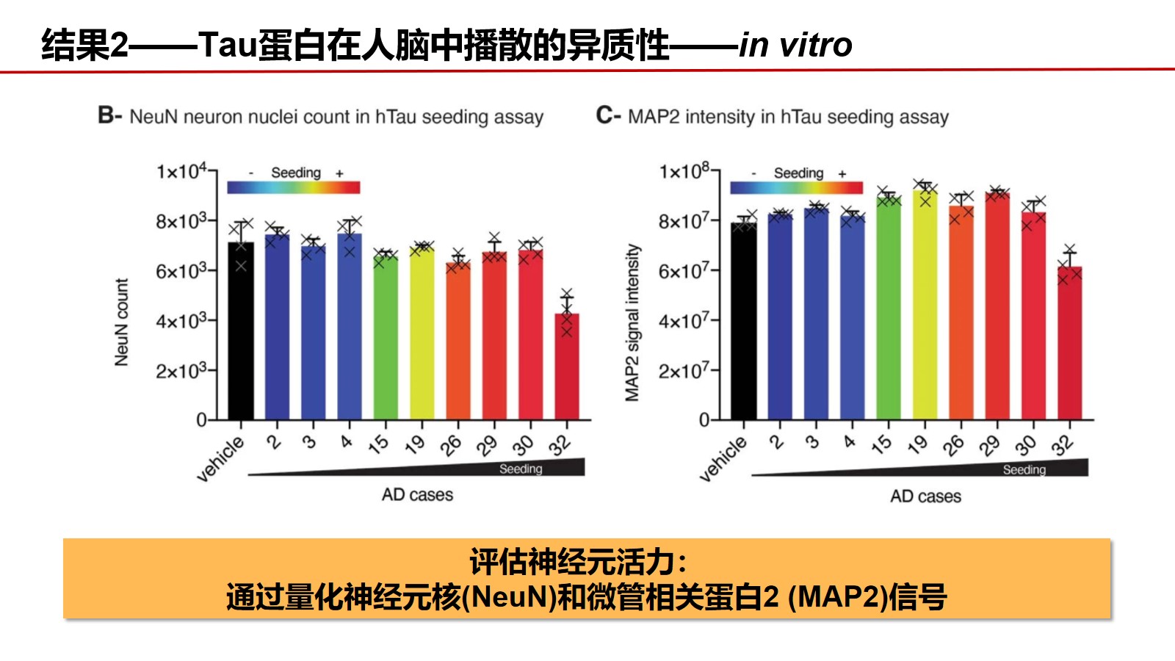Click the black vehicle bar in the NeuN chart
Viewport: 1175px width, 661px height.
pyautogui.click(x=241, y=330)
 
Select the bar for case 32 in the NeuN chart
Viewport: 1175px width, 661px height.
pyautogui.click(x=566, y=367)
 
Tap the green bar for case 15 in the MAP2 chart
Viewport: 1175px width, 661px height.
pyautogui.click(x=889, y=308)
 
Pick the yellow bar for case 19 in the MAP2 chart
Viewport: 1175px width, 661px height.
pyautogui.click(x=925, y=305)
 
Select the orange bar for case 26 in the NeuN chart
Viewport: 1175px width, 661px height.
pyautogui.click(x=458, y=341)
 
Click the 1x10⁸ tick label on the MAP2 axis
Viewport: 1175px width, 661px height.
pyautogui.click(x=684, y=172)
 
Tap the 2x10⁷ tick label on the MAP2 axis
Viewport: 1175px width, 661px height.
pyautogui.click(x=684, y=371)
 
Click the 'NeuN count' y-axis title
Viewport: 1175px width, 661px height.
pyautogui.click(x=121, y=322)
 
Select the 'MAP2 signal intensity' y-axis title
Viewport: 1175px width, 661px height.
pyautogui.click(x=632, y=322)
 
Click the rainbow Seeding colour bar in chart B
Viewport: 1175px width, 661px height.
pyautogui.click(x=293, y=187)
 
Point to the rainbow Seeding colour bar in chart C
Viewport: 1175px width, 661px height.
pyautogui.click(x=796, y=187)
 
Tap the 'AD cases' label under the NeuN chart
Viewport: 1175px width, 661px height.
pyautogui.click(x=417, y=495)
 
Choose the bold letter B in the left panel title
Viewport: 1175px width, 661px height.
pyautogui.click(x=106, y=116)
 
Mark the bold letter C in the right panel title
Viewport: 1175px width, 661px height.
pyautogui.click(x=604, y=116)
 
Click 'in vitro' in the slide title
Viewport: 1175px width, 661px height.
pyautogui.click(x=795, y=46)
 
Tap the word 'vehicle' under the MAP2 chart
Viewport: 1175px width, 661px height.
pyautogui.click(x=723, y=458)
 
